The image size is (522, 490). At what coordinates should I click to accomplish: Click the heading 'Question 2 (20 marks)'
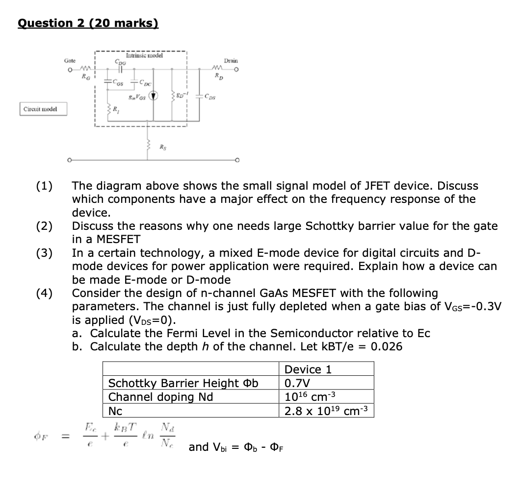(88, 24)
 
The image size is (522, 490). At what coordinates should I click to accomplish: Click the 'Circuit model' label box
(44, 109)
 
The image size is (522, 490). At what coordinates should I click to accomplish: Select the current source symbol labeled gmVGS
(154, 95)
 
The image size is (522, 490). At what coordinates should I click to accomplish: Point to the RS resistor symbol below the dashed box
(148, 145)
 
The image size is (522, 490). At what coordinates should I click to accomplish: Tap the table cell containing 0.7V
(326, 383)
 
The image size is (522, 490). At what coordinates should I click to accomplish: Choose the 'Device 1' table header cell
(326, 369)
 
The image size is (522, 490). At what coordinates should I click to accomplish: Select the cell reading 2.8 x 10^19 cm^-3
(326, 411)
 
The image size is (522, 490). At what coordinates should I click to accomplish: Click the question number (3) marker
(45, 253)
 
